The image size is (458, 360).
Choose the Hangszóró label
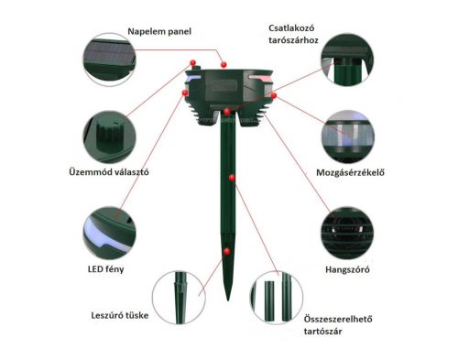pyautogui.click(x=347, y=269)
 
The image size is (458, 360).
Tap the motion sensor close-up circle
pyautogui.click(x=346, y=135)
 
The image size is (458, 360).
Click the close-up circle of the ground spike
pyautogui.click(x=175, y=296)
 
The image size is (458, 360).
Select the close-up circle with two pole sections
pyautogui.click(x=278, y=296)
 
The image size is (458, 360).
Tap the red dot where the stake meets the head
pyautogui.click(x=226, y=111)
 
